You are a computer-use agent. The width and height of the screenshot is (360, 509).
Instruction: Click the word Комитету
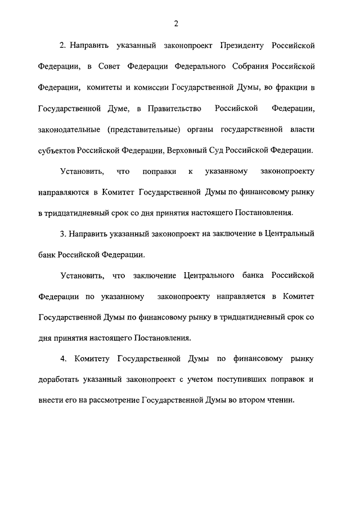[92, 358]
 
